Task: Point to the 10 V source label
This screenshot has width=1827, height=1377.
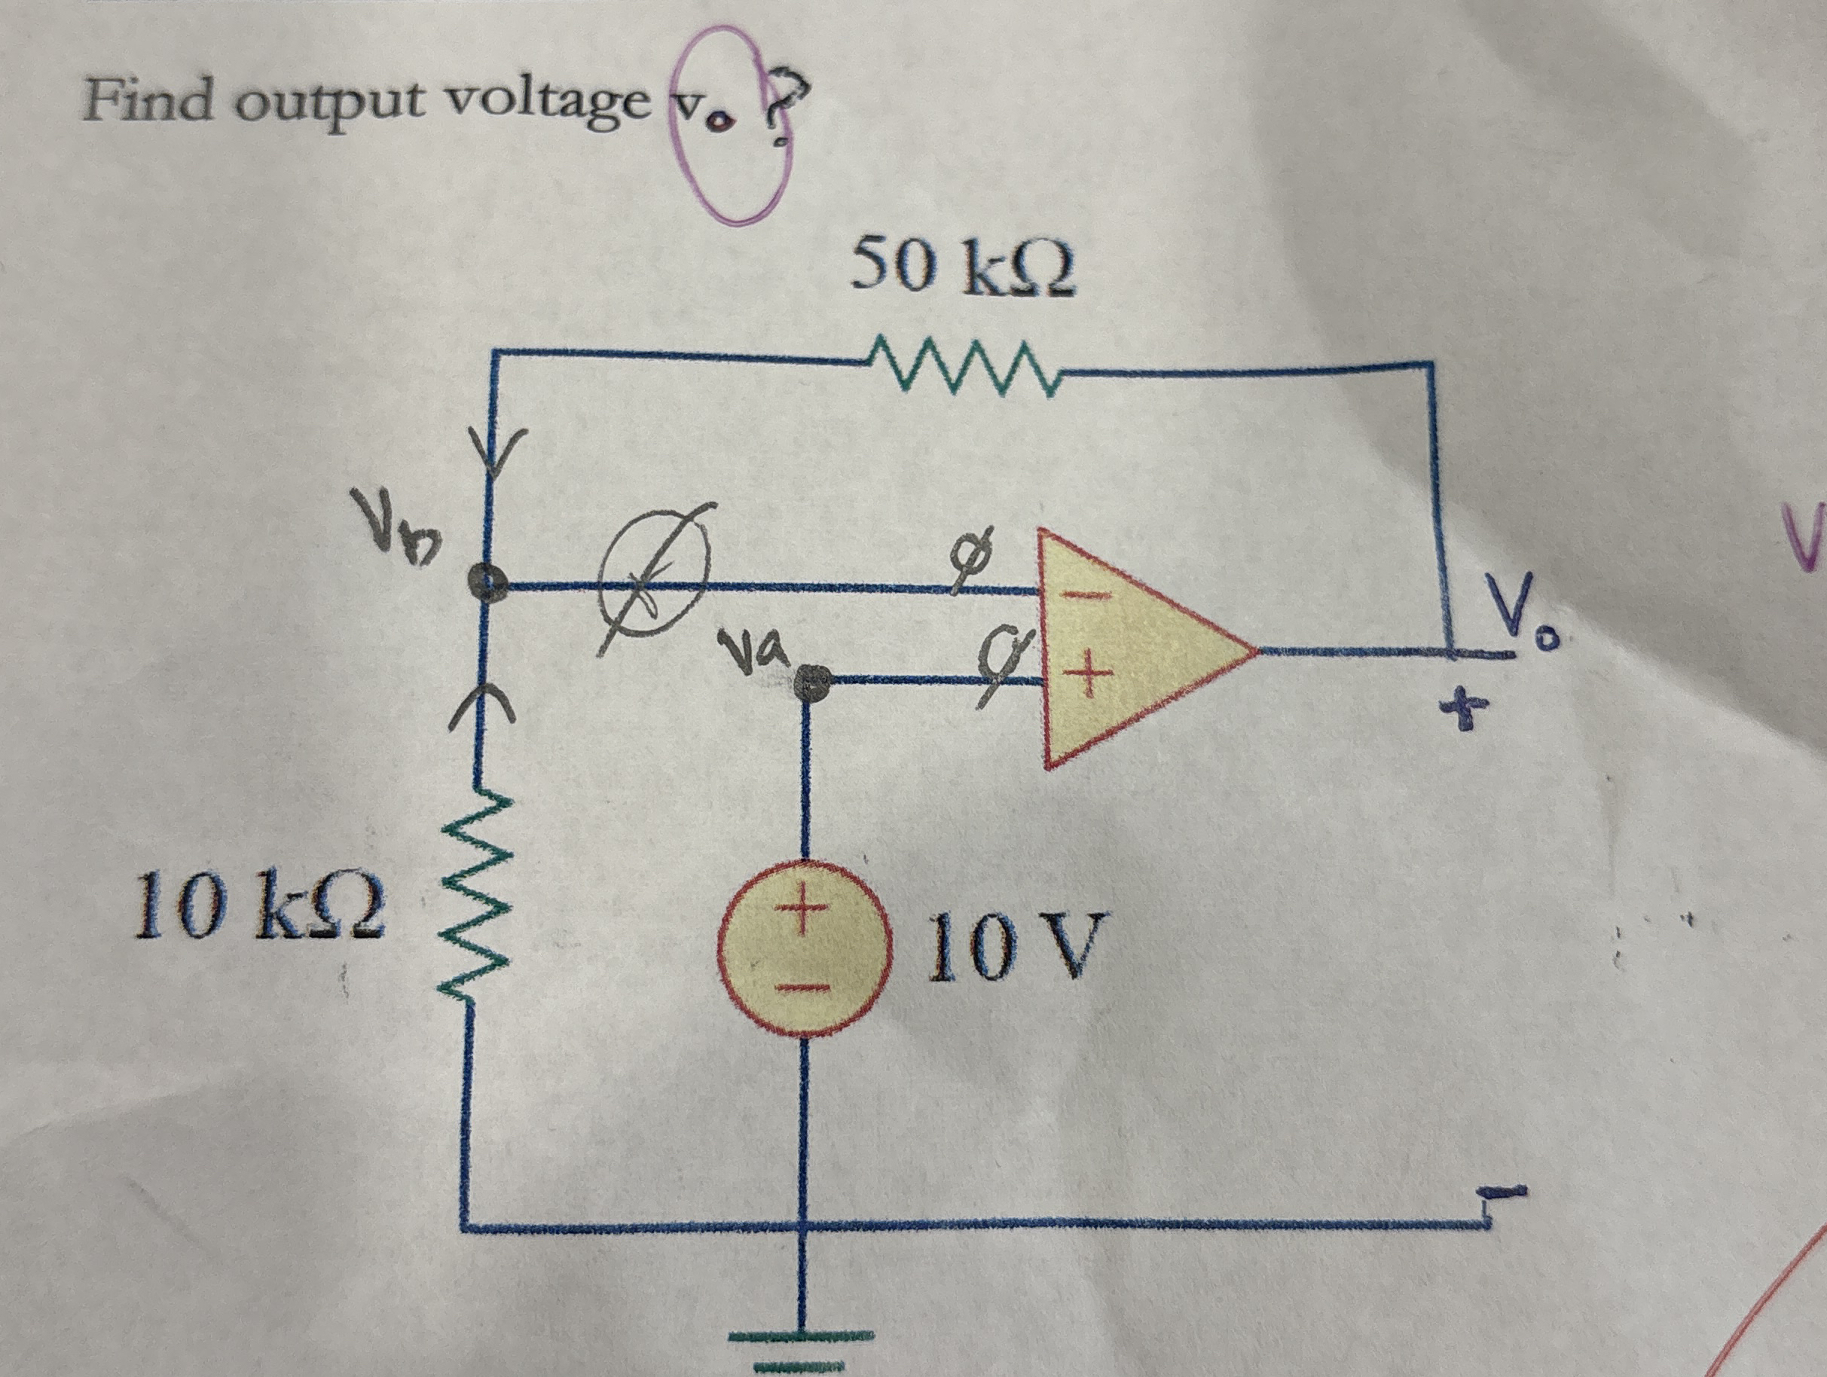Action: tap(1014, 946)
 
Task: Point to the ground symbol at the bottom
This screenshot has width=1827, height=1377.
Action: tap(799, 1338)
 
